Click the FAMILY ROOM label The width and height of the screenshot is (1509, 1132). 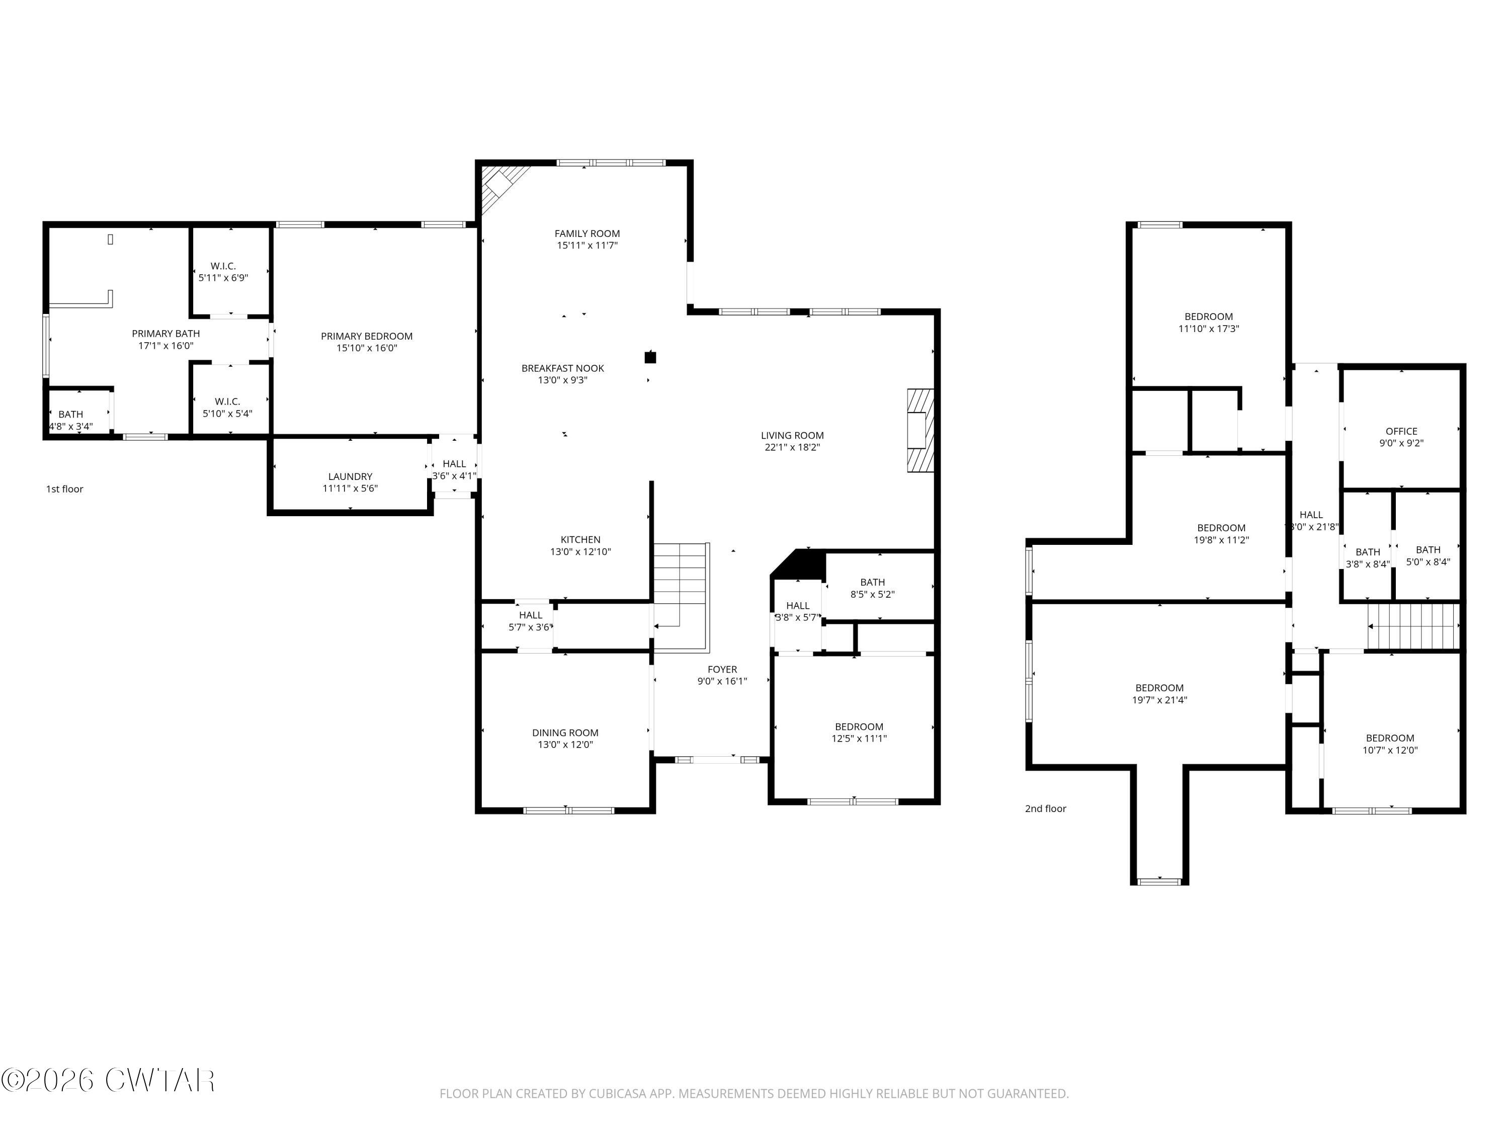pos(586,233)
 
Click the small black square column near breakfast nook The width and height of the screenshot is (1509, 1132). pos(650,357)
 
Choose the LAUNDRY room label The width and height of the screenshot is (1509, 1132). pos(350,476)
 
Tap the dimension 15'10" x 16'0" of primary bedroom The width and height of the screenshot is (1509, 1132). pos(366,348)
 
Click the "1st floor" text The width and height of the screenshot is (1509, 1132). pos(65,489)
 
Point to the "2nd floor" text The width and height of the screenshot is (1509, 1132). pos(1045,808)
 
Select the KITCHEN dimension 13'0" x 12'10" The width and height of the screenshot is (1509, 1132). pos(580,552)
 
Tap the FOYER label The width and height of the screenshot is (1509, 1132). pos(722,669)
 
